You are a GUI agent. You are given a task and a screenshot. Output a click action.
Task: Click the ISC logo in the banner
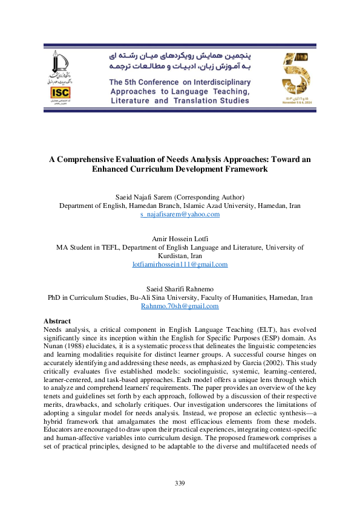point(60,92)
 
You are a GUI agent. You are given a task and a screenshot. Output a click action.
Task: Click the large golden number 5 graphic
point(296,73)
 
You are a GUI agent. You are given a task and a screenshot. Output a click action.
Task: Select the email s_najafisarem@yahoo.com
point(180,214)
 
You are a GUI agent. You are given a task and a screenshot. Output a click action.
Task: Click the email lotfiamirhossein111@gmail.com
point(180,264)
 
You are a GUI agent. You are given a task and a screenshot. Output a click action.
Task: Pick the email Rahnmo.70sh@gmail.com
point(180,306)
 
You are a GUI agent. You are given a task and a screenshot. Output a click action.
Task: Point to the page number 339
point(180,483)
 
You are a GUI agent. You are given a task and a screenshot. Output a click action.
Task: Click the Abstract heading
point(57,320)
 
